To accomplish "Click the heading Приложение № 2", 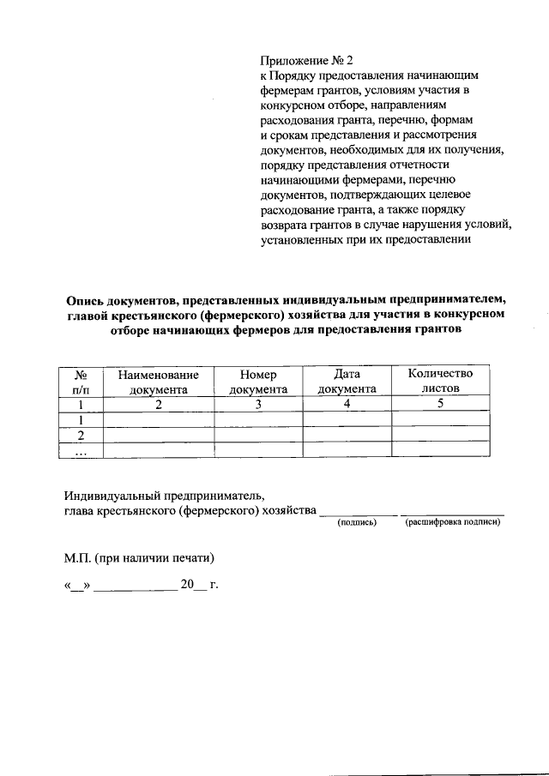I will click(306, 61).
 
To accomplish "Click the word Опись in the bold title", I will click(88, 299).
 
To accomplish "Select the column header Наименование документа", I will click(158, 382).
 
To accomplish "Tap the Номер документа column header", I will click(257, 382).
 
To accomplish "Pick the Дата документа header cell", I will click(347, 382).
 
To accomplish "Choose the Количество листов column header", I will click(440, 382).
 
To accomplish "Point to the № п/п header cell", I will click(81, 382).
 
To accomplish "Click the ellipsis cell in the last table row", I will click(81, 451).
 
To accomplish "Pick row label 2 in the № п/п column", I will click(81, 436).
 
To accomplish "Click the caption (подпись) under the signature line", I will click(358, 522).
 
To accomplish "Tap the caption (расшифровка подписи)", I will click(452, 522).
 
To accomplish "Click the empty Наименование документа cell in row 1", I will click(158, 420).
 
